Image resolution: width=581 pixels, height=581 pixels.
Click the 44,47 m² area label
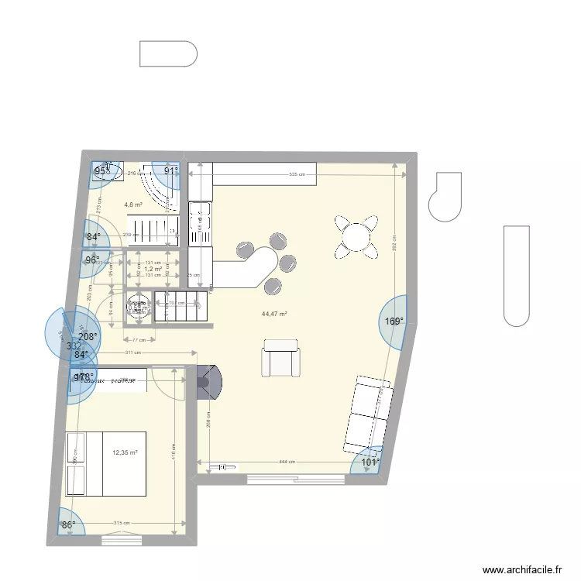tap(275, 314)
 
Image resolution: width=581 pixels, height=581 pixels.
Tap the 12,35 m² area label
tap(125, 452)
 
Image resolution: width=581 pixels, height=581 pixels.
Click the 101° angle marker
tap(371, 462)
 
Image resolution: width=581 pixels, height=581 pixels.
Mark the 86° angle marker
tap(69, 525)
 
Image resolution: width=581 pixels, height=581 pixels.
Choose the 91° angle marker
tap(170, 171)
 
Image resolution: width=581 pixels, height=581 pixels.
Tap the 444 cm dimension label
tap(287, 462)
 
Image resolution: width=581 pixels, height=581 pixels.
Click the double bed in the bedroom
tap(106, 462)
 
